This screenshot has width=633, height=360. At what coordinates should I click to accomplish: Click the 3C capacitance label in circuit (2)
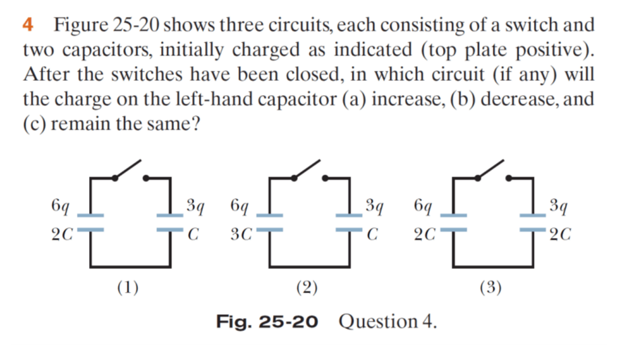(x=240, y=235)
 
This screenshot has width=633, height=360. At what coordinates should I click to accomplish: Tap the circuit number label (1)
(x=127, y=288)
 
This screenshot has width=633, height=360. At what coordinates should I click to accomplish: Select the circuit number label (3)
(x=490, y=288)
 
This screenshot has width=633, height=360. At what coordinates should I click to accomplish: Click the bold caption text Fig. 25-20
(x=267, y=322)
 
